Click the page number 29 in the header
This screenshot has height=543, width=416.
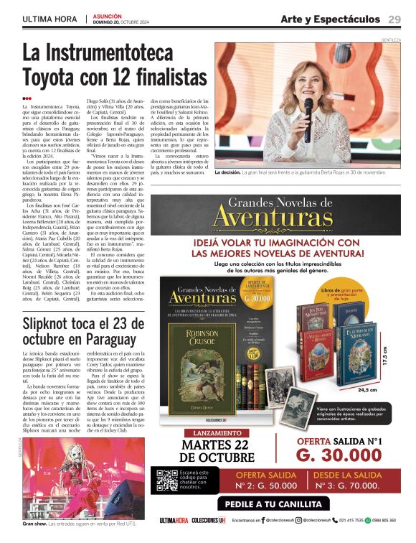[x=394, y=19]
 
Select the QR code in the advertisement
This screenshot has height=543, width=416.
[x=166, y=479]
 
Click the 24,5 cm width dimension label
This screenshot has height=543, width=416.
[x=367, y=389]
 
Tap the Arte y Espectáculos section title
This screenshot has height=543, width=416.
[x=330, y=19]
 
